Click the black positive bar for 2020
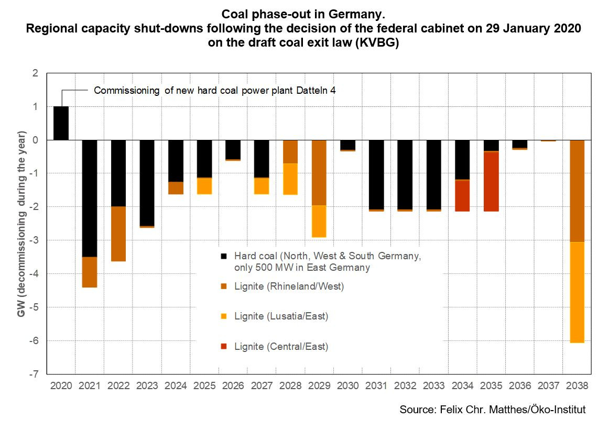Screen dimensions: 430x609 [61, 123]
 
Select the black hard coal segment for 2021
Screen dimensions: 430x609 [90, 198]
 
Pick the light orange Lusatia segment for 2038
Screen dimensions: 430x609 [577, 292]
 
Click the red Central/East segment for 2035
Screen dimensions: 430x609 [491, 181]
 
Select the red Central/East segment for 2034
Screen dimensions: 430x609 [462, 196]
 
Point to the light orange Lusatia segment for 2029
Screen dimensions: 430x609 [319, 221]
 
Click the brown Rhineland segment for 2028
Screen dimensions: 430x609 [290, 152]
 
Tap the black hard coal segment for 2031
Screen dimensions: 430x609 [376, 174]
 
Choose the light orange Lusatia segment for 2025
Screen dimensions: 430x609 [204, 186]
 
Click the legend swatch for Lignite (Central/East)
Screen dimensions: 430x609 [224, 346]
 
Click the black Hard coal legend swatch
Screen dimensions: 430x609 [224, 257]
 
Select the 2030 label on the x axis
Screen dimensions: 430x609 [347, 386]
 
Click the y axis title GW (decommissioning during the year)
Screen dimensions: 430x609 [21, 224]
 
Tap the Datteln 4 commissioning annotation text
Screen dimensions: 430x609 [214, 90]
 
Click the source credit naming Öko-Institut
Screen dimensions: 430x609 [492, 409]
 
